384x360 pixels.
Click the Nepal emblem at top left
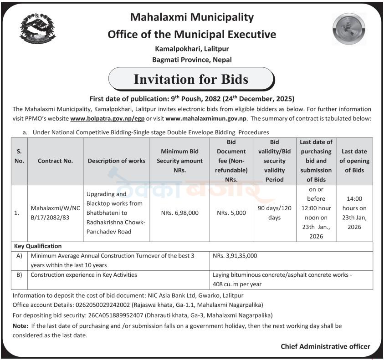click(x=37, y=29)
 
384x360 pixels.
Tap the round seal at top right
click(x=349, y=29)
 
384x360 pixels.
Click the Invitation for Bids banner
click(x=191, y=79)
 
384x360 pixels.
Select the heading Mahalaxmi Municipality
click(x=192, y=17)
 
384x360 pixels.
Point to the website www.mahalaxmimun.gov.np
click(x=206, y=118)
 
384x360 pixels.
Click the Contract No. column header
click(x=55, y=161)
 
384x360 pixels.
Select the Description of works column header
click(x=117, y=161)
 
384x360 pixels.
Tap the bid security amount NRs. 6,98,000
click(x=180, y=213)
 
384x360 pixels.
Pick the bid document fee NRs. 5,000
click(x=231, y=213)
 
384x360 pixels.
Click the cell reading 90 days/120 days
click(x=275, y=213)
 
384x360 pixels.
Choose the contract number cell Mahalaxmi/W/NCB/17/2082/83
click(x=55, y=213)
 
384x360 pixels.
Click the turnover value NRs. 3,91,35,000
click(x=235, y=256)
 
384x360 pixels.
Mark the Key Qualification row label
click(x=38, y=246)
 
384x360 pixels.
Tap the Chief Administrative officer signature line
click(x=325, y=347)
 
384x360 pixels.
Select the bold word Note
click(x=20, y=326)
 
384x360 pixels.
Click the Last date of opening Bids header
click(x=355, y=161)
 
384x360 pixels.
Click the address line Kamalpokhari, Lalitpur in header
click(x=192, y=48)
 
